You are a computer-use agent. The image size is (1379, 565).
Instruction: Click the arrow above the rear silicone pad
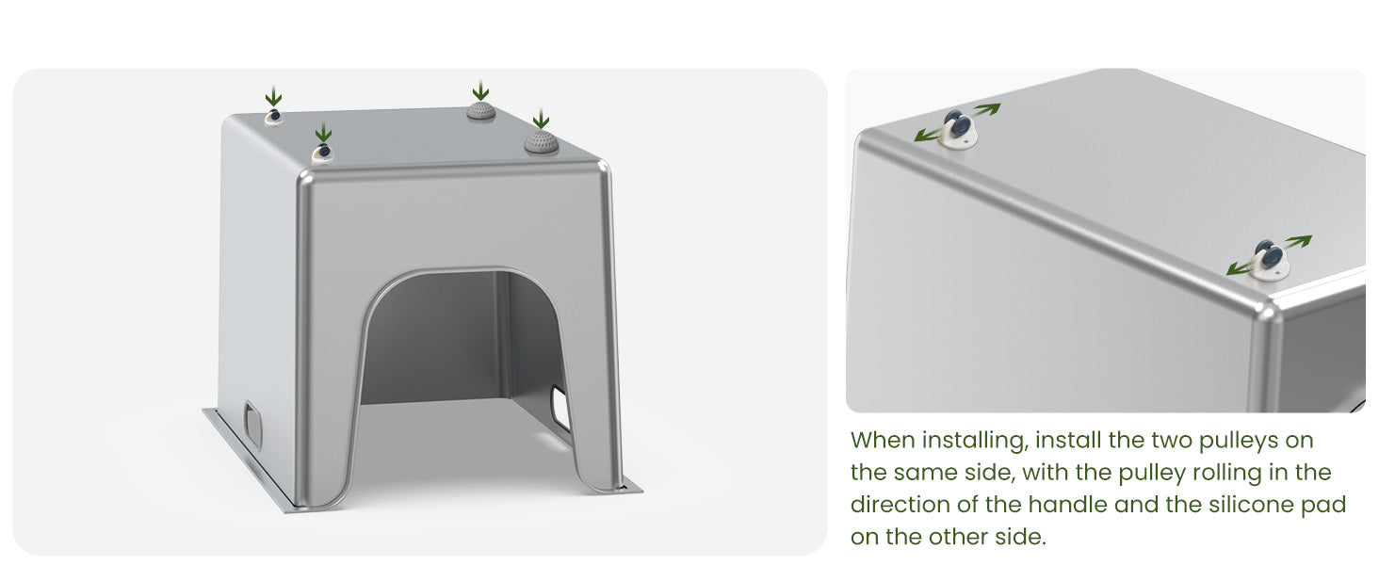(480, 90)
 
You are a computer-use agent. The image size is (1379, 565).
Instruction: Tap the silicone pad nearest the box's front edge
(541, 142)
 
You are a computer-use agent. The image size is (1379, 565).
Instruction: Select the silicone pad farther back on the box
(480, 111)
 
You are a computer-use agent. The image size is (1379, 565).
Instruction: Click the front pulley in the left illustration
(322, 152)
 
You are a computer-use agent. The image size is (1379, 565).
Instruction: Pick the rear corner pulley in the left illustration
(273, 116)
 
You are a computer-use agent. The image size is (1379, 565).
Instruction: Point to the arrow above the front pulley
(323, 133)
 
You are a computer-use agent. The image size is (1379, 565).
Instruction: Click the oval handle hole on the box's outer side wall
(252, 424)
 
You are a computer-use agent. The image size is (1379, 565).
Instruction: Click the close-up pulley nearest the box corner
(1269, 260)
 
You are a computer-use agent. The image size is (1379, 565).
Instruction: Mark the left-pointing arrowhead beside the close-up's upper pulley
(921, 136)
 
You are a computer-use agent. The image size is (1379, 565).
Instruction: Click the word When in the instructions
(882, 440)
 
